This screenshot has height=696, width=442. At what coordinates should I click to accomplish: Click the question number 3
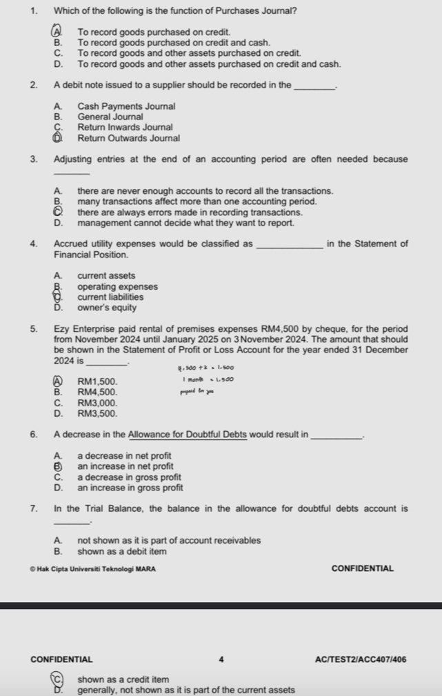[x=34, y=159]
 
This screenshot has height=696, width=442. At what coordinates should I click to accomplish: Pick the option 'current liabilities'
[x=110, y=297]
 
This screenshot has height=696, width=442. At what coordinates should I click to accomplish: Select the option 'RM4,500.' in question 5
[x=98, y=392]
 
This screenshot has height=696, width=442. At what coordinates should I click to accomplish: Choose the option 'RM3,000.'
[x=98, y=403]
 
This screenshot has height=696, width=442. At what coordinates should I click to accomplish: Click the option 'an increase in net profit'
[x=125, y=466]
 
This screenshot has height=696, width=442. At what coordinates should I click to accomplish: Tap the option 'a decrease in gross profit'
[x=130, y=477]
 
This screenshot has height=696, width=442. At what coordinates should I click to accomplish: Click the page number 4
[x=221, y=659]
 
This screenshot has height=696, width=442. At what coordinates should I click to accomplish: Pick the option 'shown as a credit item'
[x=123, y=679]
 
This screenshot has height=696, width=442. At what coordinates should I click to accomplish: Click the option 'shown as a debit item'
[x=121, y=552]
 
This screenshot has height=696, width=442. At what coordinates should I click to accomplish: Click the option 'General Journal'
[x=110, y=117]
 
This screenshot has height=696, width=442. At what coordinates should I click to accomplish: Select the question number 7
[x=34, y=509]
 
